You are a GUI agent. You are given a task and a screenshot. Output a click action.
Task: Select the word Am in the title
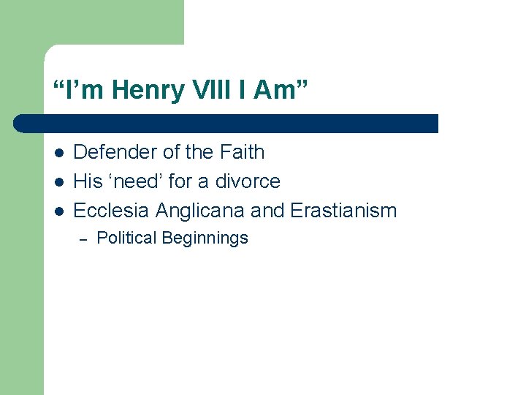pyautogui.click(x=283, y=91)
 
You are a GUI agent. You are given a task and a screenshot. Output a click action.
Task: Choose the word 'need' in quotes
pyautogui.click(x=135, y=181)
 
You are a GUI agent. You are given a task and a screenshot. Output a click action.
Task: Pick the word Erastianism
pyautogui.click(x=343, y=211)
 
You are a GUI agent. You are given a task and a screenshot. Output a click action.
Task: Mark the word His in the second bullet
pyautogui.click(x=88, y=181)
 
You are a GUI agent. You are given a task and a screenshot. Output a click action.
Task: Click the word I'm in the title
pyautogui.click(x=73, y=91)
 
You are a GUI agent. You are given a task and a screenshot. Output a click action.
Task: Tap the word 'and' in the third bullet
pyautogui.click(x=267, y=211)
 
